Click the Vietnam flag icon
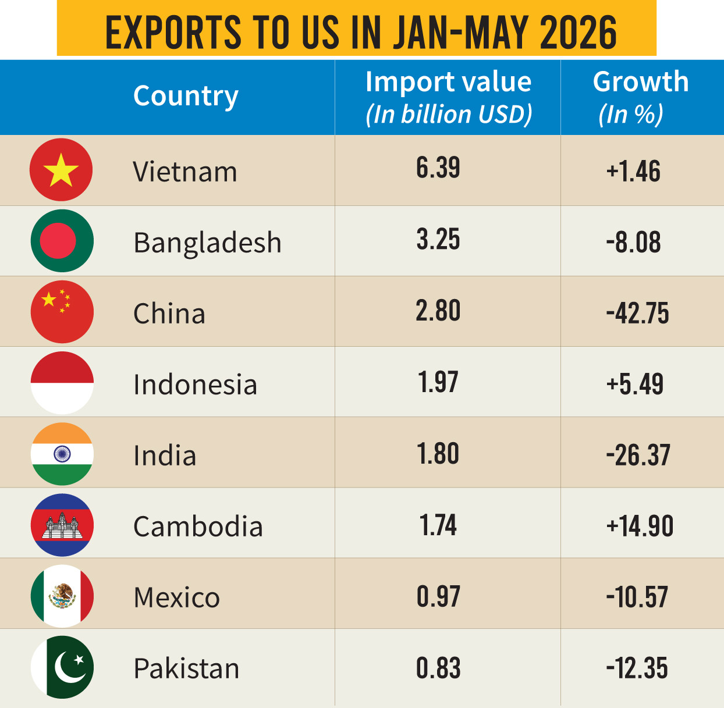click(61, 169)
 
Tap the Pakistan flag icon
click(62, 667)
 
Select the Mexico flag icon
click(62, 596)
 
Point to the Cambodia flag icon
click(62, 525)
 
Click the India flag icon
click(62, 454)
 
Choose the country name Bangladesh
click(207, 243)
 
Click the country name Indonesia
click(196, 384)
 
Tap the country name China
click(169, 313)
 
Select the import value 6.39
click(438, 168)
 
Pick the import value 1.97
click(438, 382)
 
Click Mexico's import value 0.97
click(438, 596)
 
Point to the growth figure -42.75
click(637, 313)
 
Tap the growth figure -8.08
click(633, 242)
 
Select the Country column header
click(186, 96)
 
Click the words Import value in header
click(448, 82)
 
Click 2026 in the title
click(579, 33)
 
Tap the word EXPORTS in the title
click(173, 33)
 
